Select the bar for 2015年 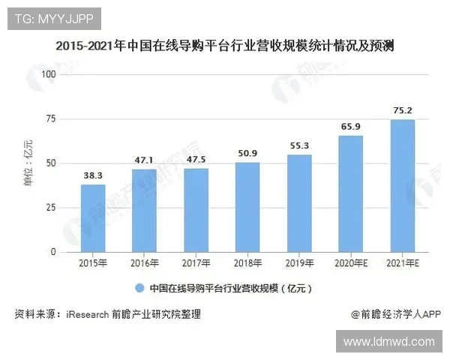point(93,218)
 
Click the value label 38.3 point(93,175)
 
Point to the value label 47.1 point(144,160)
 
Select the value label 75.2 point(403,110)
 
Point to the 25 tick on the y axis point(51,208)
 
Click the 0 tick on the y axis point(53,252)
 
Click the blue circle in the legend point(139,288)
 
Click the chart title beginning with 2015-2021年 point(225,46)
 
